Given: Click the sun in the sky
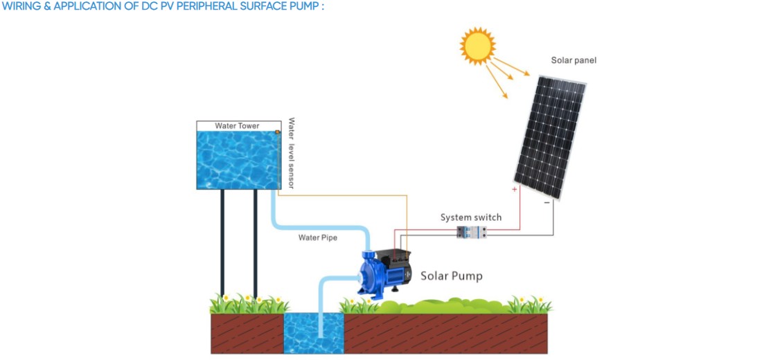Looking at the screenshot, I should click(478, 46).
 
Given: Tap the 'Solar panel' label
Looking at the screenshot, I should click(574, 60).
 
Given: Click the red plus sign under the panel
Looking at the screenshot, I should click(515, 189).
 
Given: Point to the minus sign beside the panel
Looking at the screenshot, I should click(547, 203).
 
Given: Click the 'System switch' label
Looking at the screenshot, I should click(471, 217).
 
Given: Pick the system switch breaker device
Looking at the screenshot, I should click(471, 233).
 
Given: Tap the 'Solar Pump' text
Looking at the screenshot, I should click(452, 276).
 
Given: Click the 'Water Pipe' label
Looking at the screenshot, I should click(318, 237).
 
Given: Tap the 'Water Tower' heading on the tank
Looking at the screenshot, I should click(237, 126).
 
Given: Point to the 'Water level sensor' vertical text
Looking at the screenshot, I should click(292, 153).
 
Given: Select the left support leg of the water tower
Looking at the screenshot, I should click(222, 242).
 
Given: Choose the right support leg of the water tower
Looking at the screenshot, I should click(256, 242).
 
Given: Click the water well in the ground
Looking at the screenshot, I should click(313, 334).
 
